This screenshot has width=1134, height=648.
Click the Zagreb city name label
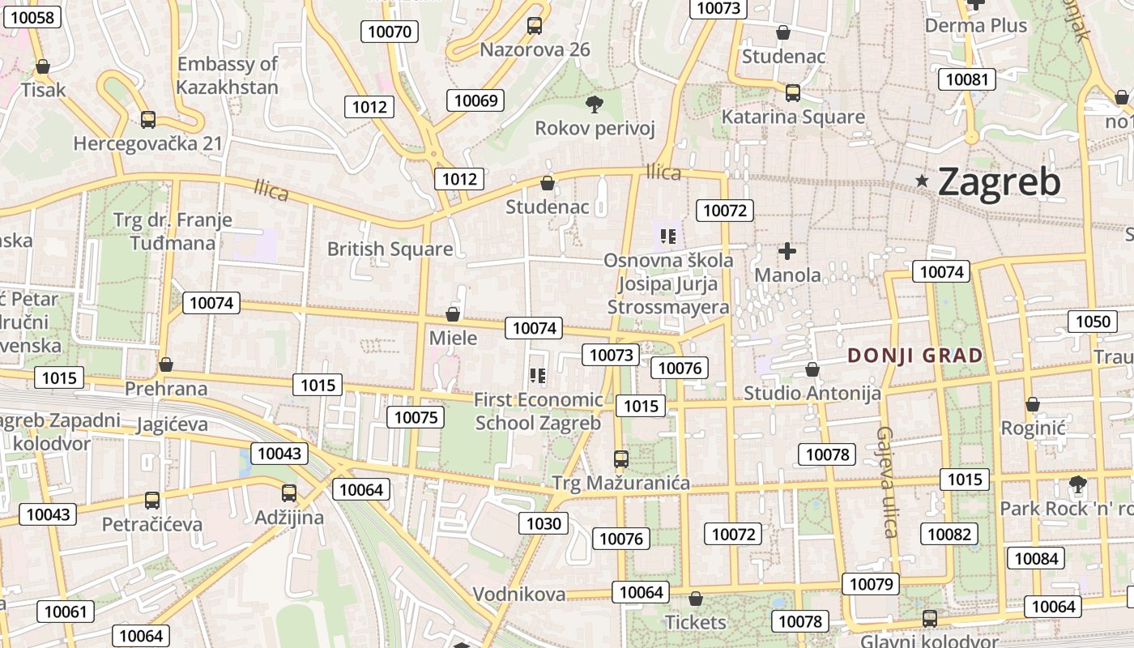point(999,182)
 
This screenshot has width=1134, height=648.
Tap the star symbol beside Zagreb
point(922,181)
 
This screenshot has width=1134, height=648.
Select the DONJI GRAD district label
point(914,355)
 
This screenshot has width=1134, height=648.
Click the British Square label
point(390,249)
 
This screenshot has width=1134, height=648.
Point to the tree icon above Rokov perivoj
point(594,104)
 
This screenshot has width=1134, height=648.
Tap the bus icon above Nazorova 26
point(535,25)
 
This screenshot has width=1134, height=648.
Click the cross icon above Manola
point(787,251)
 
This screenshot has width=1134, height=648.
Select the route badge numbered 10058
point(33,17)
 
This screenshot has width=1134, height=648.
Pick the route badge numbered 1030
point(544,523)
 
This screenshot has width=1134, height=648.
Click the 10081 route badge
point(967,79)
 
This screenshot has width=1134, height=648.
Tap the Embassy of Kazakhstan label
point(228,75)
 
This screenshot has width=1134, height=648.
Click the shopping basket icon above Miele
point(453,314)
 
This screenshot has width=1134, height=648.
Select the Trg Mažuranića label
point(621,484)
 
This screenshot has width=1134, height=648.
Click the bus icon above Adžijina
point(289,492)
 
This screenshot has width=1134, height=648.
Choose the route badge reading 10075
point(416,417)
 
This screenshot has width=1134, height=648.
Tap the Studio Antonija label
point(812,394)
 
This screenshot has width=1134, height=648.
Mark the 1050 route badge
point(1092,322)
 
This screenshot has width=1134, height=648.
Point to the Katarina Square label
point(793,117)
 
